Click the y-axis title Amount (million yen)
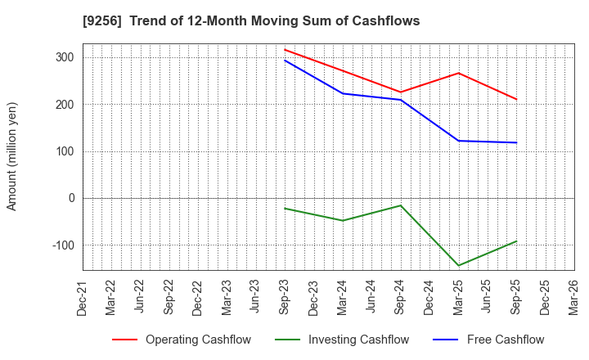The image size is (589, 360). (11, 156)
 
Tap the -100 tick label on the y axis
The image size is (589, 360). (62, 245)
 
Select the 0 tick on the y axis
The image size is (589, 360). (72, 198)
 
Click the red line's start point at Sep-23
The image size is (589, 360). (285, 49)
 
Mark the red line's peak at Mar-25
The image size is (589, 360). (458, 73)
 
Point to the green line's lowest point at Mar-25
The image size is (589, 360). (458, 266)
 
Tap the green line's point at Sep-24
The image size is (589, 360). (400, 205)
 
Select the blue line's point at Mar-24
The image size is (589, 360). (343, 93)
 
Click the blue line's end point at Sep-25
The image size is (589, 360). (516, 142)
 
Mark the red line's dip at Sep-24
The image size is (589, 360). (400, 92)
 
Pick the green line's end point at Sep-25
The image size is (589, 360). (516, 241)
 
